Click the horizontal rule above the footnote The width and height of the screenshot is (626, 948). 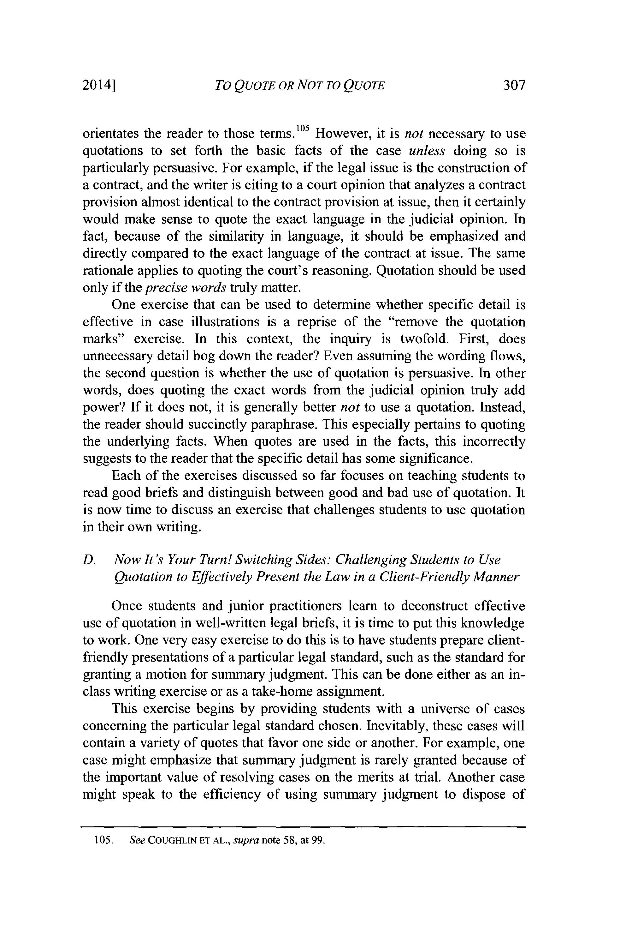(x=304, y=827)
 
